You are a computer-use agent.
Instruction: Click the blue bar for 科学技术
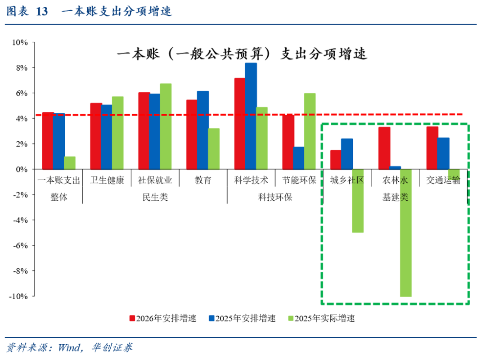click(251, 116)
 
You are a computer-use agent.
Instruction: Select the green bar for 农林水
click(406, 233)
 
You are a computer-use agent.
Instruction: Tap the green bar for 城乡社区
click(358, 201)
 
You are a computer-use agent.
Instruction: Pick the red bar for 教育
click(191, 135)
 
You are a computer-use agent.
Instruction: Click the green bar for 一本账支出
click(70, 163)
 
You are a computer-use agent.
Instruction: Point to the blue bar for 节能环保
click(298, 158)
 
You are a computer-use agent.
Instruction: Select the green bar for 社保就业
click(166, 126)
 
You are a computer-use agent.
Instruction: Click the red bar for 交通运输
click(432, 148)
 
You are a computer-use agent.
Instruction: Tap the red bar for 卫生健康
click(96, 136)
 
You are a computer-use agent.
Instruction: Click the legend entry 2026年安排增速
click(163, 318)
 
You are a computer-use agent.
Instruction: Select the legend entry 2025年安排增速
click(242, 318)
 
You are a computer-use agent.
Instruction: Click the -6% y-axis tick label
click(20, 246)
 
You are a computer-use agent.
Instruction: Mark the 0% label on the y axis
click(21, 170)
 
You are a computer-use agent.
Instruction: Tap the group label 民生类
click(155, 197)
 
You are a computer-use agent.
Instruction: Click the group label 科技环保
click(275, 197)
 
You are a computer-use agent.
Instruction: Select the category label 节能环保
click(299, 181)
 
